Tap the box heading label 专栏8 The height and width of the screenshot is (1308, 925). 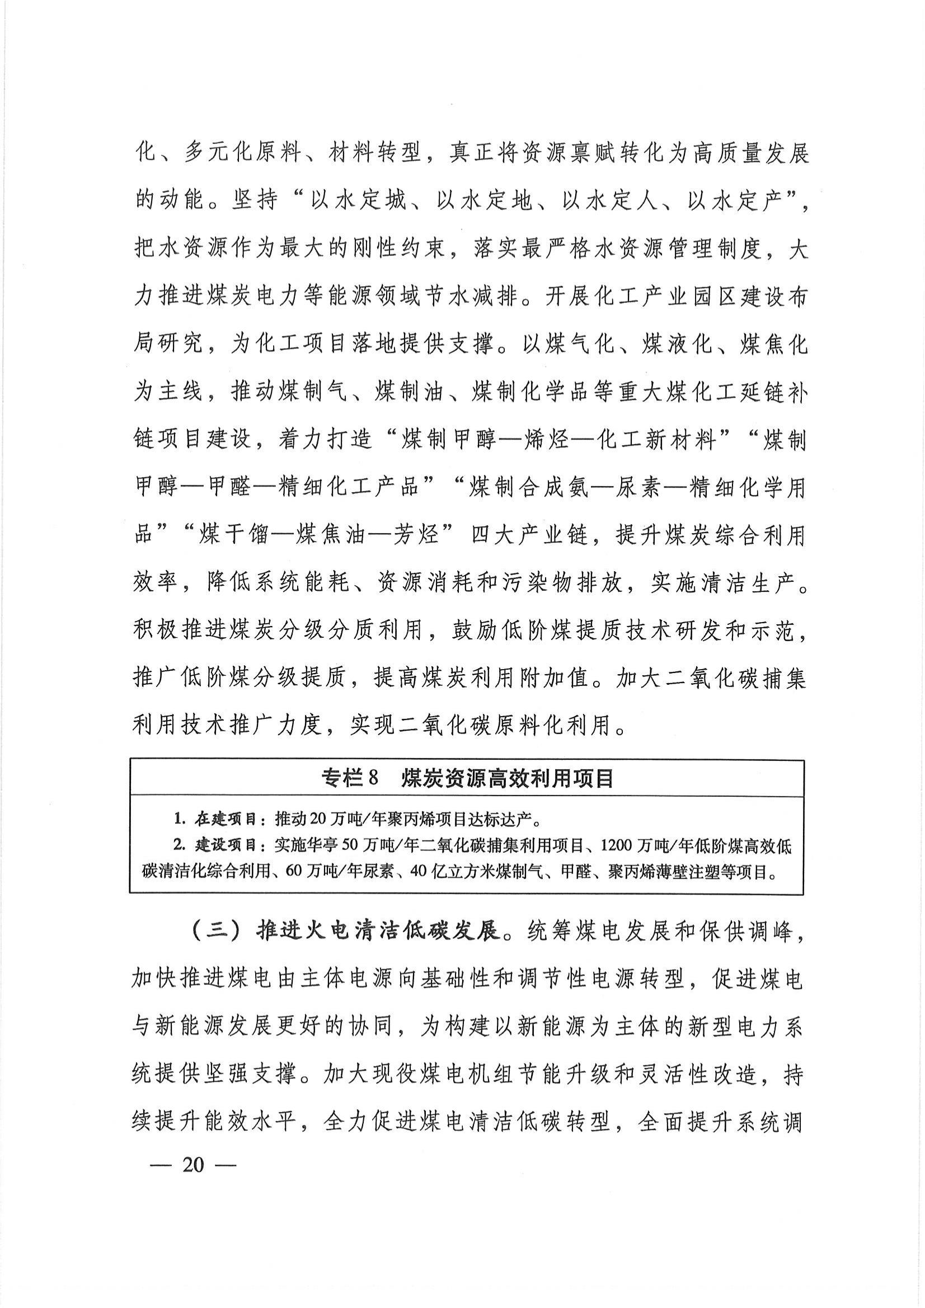350,777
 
